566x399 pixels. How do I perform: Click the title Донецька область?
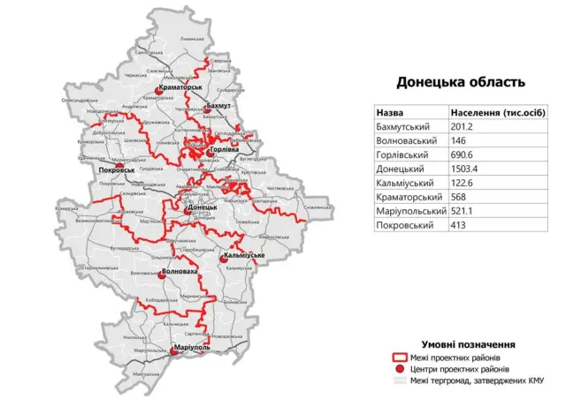pyautogui.click(x=460, y=82)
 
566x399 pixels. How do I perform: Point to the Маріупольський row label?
pyautogui.click(x=410, y=212)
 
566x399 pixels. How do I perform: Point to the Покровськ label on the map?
pyautogui.click(x=118, y=168)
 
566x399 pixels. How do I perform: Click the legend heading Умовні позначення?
pyautogui.click(x=468, y=343)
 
